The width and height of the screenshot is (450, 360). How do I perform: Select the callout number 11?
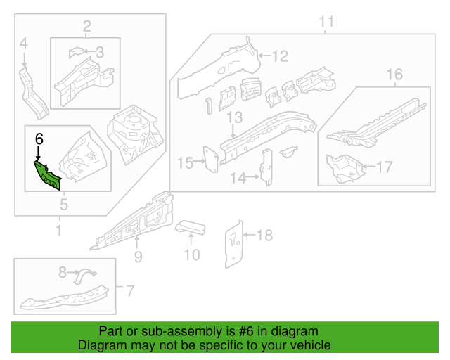pos(326,22)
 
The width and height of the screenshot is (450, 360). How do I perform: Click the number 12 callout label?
pos(281,56)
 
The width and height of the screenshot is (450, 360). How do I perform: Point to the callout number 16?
pos(394,75)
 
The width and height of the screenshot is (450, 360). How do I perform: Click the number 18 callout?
pos(264,235)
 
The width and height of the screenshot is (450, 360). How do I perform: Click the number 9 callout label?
pos(138,257)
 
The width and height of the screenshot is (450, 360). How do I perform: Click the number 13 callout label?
pos(234,117)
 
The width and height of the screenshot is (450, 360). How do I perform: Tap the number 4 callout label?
pos(23,44)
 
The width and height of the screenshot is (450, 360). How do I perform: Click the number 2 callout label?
pos(87,27)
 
